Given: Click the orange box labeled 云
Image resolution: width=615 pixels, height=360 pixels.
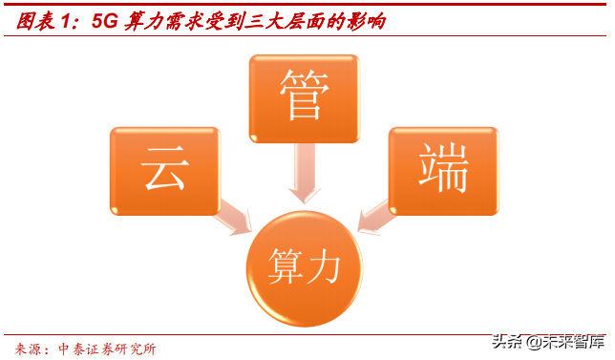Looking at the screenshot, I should [164, 170].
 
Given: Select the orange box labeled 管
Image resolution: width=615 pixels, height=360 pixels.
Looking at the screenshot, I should [304, 98].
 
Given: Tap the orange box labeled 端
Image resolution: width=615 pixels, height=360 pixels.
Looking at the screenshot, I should [444, 170].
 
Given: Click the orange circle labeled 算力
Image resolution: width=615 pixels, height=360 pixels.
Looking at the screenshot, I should [305, 262].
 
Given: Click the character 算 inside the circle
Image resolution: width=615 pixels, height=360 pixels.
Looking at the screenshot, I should [285, 262].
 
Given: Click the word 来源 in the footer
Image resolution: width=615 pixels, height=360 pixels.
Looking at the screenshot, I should [31, 349].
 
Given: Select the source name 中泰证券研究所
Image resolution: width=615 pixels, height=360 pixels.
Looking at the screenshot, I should [107, 349].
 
